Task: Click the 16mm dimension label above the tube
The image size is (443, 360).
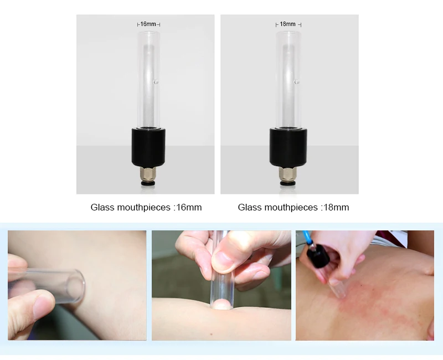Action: [x=148, y=24]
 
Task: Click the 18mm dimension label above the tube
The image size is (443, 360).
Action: [x=287, y=24]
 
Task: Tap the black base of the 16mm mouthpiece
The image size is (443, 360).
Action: [x=148, y=147]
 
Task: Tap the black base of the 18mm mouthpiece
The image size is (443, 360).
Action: [x=288, y=147]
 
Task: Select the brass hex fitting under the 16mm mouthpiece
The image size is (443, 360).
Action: [x=147, y=173]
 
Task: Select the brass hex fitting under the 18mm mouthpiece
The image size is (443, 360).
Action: [x=288, y=173]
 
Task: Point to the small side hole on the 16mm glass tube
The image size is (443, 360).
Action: [x=156, y=82]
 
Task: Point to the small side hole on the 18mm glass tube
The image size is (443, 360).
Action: [x=296, y=82]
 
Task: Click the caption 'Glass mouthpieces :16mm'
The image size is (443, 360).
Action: [x=146, y=207]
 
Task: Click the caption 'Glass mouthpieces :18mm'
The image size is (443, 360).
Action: [x=293, y=207]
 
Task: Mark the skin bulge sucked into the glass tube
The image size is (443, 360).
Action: [x=222, y=305]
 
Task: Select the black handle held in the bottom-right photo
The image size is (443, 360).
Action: [x=317, y=255]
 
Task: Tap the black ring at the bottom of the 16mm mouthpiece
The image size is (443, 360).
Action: [x=147, y=183]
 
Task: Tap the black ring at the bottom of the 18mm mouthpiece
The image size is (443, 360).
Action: [x=288, y=183]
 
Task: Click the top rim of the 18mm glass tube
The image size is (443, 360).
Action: [x=289, y=32]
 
